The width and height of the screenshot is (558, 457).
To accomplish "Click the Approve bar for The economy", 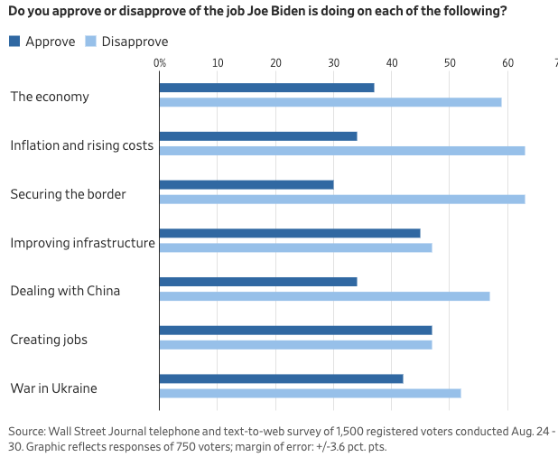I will [x=266, y=88].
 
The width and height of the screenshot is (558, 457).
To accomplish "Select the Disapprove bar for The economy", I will [x=330, y=102].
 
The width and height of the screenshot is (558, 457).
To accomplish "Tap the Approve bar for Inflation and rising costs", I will [x=258, y=136].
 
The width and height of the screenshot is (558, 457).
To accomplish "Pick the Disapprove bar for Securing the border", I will [x=342, y=199].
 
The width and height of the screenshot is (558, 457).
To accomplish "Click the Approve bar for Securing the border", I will [x=246, y=184].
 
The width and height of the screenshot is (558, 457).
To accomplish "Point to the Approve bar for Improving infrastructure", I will [x=290, y=233].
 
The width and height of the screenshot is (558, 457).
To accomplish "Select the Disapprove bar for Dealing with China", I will [x=324, y=296].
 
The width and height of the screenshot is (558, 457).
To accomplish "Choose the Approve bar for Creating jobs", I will [x=295, y=331].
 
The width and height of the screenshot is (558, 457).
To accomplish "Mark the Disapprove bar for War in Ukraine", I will [x=310, y=393].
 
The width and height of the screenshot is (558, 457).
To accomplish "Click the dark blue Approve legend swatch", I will [x=14, y=42].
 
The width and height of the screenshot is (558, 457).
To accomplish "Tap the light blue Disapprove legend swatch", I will [x=90, y=42].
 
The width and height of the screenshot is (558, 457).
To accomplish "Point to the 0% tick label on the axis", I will [x=160, y=63].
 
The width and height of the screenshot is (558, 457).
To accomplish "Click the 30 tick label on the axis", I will [x=333, y=63].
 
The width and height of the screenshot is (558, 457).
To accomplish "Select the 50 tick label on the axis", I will [x=449, y=63].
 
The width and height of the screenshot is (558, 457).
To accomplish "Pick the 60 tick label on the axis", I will [x=507, y=63].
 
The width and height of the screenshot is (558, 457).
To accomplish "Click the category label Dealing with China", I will [x=65, y=291].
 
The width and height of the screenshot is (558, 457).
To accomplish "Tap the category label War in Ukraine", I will [x=53, y=388].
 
